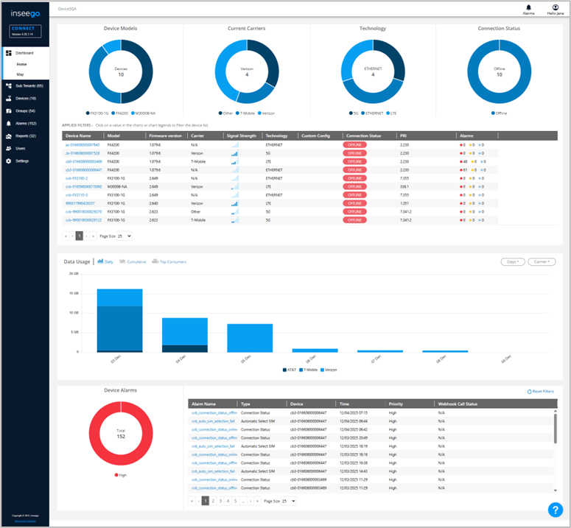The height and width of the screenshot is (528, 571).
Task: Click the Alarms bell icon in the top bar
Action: click(x=528, y=7)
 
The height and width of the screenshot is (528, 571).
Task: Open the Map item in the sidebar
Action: click(x=21, y=74)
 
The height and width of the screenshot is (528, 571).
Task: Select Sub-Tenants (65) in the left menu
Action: click(x=29, y=86)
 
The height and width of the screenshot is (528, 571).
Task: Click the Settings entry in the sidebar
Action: click(x=22, y=161)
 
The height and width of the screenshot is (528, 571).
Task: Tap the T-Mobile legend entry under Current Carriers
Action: click(x=243, y=113)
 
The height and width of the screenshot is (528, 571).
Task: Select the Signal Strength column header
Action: click(x=242, y=135)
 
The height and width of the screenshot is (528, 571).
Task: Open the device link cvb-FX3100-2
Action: click(x=77, y=177)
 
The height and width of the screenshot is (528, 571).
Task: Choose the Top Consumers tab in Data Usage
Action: click(x=170, y=261)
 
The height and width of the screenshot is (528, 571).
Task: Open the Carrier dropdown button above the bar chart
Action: click(x=541, y=261)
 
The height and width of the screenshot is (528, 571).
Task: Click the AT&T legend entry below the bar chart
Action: click(x=290, y=369)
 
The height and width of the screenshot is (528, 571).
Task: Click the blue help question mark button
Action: click(x=555, y=510)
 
